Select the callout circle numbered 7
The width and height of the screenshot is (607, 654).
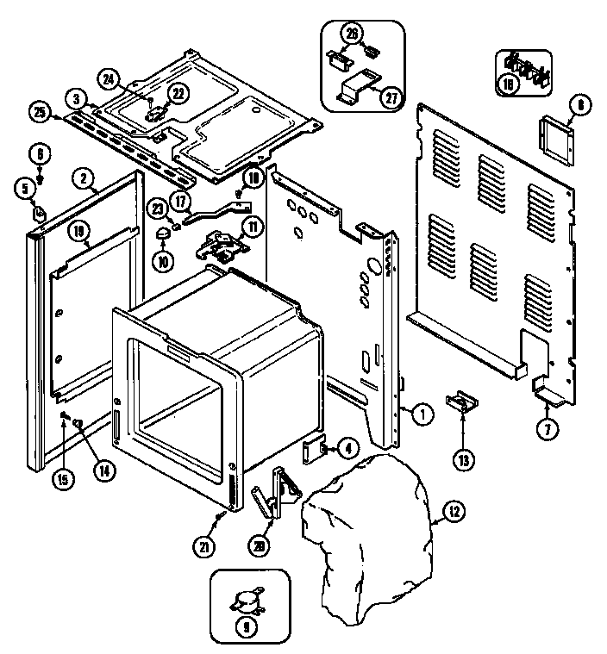[x=547, y=427]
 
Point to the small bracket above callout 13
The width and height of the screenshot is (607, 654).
[x=462, y=402]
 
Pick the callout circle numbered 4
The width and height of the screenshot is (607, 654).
[x=347, y=448]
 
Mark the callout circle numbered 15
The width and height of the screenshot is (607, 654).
[x=63, y=481]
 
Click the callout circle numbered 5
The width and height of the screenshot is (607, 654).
[x=25, y=185]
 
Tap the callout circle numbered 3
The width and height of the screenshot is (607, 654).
[x=77, y=100]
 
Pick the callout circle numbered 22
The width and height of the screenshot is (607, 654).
[x=176, y=94]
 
